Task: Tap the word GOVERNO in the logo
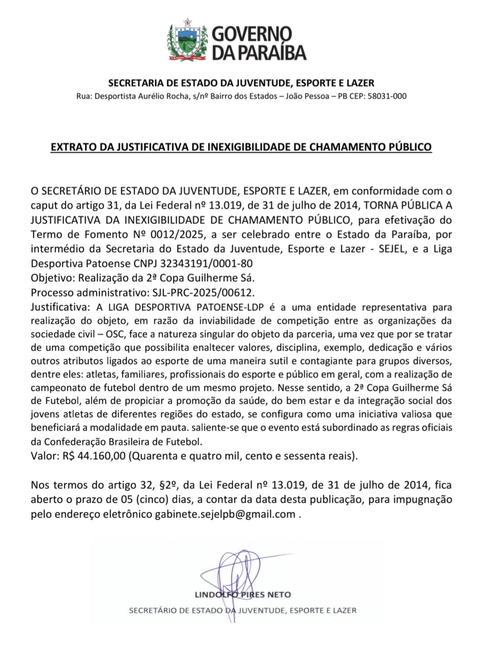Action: point(252,34)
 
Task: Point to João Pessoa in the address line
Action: point(307,96)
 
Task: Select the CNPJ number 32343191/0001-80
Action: point(206,264)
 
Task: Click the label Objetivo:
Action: point(53,278)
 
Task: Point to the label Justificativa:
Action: point(61,307)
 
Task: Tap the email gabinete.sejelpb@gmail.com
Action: point(225,514)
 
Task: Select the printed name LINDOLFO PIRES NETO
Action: point(243,595)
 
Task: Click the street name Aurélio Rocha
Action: point(164,96)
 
